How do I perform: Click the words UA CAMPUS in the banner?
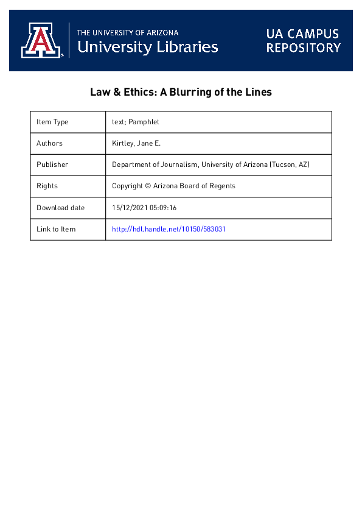click(x=302, y=34)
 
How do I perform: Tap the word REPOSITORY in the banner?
click(x=302, y=48)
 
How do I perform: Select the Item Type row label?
click(x=52, y=122)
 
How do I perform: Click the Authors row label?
click(x=49, y=143)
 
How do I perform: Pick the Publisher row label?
click(x=52, y=165)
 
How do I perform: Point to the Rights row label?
click(x=47, y=186)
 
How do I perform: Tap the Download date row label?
click(x=61, y=208)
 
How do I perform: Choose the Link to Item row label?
click(x=56, y=229)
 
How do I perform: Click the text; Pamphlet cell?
click(x=136, y=122)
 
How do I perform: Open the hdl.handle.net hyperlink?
click(x=169, y=229)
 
